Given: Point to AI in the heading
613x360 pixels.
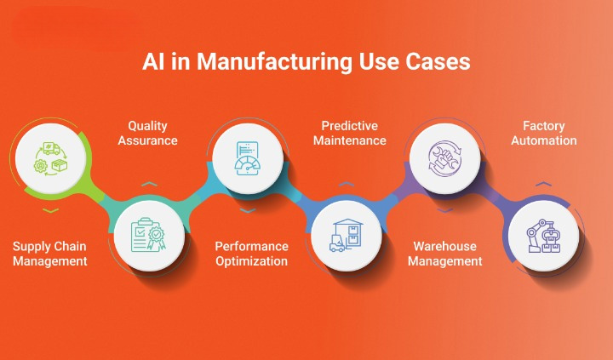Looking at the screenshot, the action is click(x=153, y=61).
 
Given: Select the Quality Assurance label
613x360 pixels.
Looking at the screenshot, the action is click(x=148, y=133).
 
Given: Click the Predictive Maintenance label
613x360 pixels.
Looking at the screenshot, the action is click(x=350, y=133).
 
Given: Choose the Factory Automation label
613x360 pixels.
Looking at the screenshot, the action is click(x=544, y=133).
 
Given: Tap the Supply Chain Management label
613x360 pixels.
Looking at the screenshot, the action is click(x=50, y=254).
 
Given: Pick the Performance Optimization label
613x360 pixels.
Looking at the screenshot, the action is click(x=252, y=254).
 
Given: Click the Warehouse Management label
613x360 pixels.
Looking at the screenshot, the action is click(x=445, y=254).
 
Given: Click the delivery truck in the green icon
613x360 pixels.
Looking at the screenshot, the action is click(x=52, y=149).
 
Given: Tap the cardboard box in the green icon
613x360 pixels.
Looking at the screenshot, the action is click(x=60, y=165).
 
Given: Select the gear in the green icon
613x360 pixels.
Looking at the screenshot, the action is click(x=40, y=166).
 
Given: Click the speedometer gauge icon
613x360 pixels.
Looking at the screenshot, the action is click(x=248, y=166).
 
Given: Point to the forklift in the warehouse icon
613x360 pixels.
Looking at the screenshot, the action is click(x=337, y=243).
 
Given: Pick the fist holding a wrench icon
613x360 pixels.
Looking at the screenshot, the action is click(x=445, y=158).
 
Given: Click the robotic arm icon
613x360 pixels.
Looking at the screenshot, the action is click(x=544, y=236).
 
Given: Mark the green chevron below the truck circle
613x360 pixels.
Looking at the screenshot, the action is click(x=51, y=211).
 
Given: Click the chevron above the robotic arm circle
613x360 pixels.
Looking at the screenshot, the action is click(x=544, y=184).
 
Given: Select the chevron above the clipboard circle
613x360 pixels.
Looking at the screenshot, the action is click(x=149, y=184).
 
